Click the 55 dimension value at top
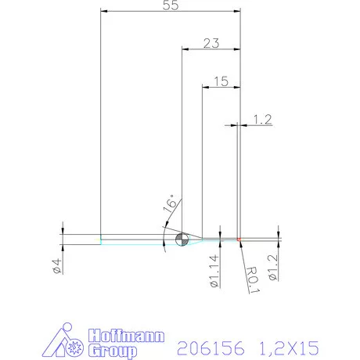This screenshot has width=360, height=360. pyautogui.click(x=169, y=6)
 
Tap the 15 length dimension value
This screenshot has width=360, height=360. pyautogui.click(x=220, y=80)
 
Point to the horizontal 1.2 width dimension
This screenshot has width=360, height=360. pyautogui.click(x=262, y=119)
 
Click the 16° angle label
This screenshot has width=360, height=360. pyautogui.click(x=170, y=205)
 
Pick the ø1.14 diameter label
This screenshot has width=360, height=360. pyautogui.click(x=213, y=270)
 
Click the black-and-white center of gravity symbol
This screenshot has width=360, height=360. pyautogui.click(x=181, y=239)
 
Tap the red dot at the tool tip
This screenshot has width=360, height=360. pyautogui.click(x=239, y=239)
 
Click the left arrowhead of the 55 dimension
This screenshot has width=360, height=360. pyautogui.click(x=104, y=12)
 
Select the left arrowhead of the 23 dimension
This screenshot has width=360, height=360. pyautogui.click(x=185, y=49)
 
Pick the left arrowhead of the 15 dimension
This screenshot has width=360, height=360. pyautogui.click(x=205, y=85)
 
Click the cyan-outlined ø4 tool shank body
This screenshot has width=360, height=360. pyautogui.click(x=133, y=239)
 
